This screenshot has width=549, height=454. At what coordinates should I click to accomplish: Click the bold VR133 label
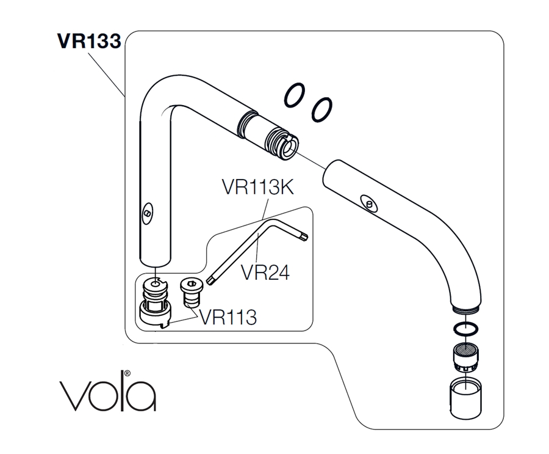89,41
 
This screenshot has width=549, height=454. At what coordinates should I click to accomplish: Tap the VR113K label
257,187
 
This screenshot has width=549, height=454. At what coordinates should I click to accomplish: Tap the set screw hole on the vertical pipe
148,213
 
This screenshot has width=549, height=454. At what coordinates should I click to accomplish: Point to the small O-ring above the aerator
465,329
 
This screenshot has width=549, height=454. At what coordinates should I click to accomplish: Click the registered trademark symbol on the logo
127,372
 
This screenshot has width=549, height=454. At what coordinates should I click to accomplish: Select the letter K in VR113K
285,187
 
